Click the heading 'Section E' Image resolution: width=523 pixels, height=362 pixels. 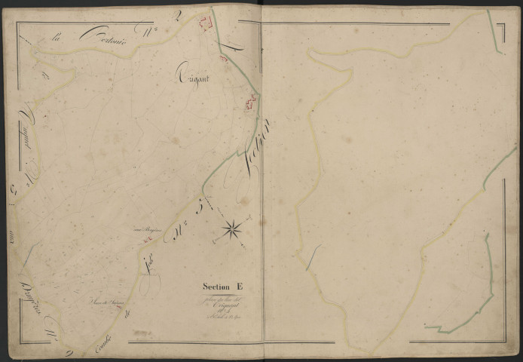222,286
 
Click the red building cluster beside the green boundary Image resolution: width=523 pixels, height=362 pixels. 250,103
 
